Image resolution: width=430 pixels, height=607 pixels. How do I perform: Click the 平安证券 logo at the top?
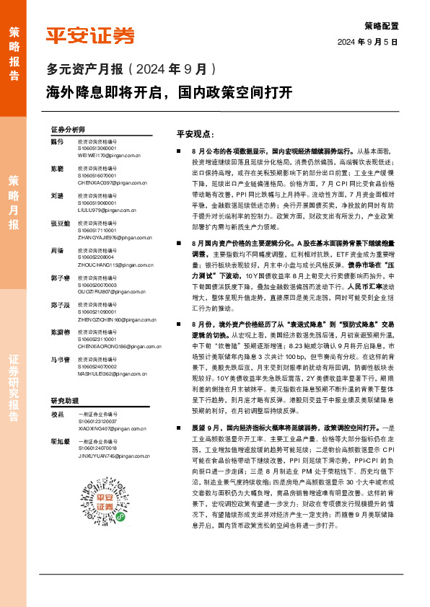[90, 37]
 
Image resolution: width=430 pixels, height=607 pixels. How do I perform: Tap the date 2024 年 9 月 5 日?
[368, 43]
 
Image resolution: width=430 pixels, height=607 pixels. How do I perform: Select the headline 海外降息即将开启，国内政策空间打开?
[170, 92]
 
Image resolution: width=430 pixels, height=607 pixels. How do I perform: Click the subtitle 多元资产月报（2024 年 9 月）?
[131, 70]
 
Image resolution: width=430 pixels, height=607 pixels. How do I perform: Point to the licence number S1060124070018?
[97, 449]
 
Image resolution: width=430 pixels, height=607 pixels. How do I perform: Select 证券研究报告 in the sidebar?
[14, 389]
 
